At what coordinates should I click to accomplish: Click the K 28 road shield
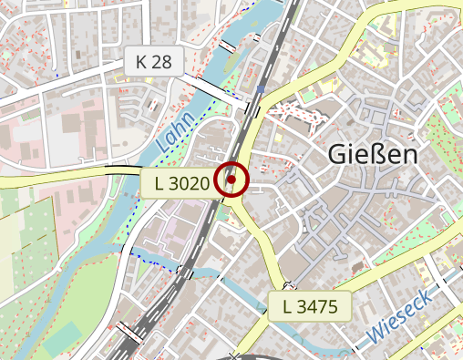(x=154, y=62)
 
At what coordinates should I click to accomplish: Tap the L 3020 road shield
(x=182, y=183)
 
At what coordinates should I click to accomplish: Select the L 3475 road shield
(x=310, y=305)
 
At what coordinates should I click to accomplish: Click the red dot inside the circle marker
(x=231, y=180)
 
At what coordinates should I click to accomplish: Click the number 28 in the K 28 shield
(x=162, y=62)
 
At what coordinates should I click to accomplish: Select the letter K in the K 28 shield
(x=141, y=62)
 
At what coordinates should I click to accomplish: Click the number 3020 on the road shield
(x=190, y=183)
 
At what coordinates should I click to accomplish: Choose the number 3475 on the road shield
(x=317, y=305)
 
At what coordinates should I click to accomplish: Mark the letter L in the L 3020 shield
(x=160, y=183)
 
